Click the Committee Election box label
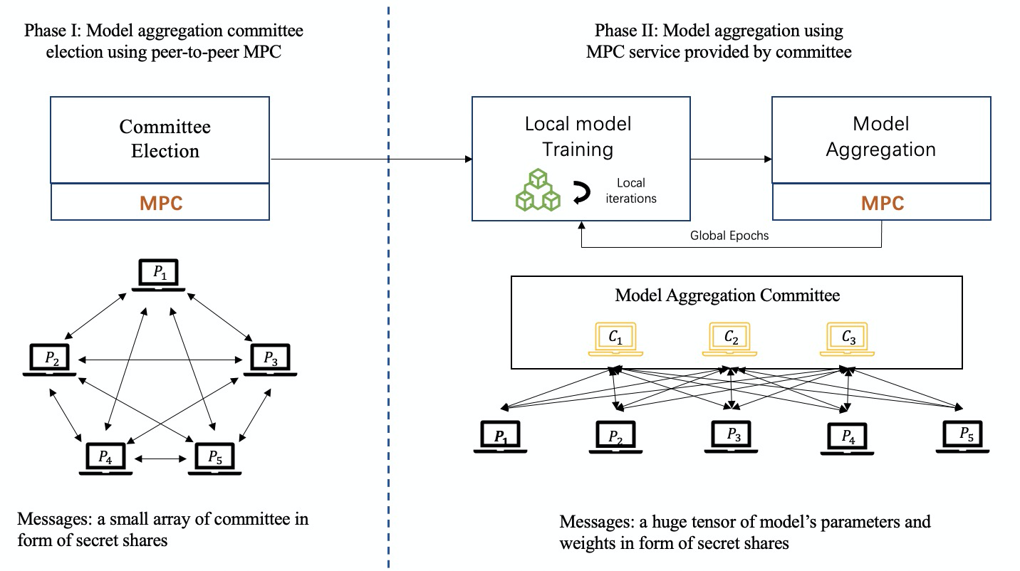[165, 139]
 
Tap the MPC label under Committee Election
[161, 203]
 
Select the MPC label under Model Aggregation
[883, 203]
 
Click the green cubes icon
[538, 189]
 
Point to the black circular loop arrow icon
[581, 192]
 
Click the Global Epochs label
[729, 235]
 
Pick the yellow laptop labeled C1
[615, 340]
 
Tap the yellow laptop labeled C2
[729, 340]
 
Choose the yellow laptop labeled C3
[847, 340]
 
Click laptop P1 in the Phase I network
[158, 275]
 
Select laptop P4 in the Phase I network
[105, 459]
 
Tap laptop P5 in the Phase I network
[215, 459]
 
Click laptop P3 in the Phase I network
[270, 360]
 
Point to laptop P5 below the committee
[962, 436]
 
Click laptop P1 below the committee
[501, 436]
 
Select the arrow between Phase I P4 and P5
[160, 459]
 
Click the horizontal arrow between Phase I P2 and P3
[160, 360]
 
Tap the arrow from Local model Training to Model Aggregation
[732, 159]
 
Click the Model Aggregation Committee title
[727, 295]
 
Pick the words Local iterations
[631, 191]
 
